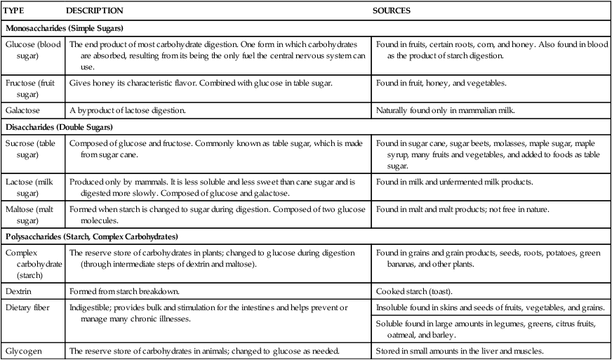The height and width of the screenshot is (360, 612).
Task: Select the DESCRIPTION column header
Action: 94,11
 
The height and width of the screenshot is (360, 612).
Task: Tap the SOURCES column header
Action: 391,11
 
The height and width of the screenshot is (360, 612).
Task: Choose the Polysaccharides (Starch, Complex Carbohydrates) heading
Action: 91,236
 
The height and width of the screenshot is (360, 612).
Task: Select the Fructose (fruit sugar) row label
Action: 31,88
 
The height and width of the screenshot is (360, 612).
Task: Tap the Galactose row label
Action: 22,111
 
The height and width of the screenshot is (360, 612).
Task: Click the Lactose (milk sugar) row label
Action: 30,187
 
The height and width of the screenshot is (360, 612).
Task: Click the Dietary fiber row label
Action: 29,307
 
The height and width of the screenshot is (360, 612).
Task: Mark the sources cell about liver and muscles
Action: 460,351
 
